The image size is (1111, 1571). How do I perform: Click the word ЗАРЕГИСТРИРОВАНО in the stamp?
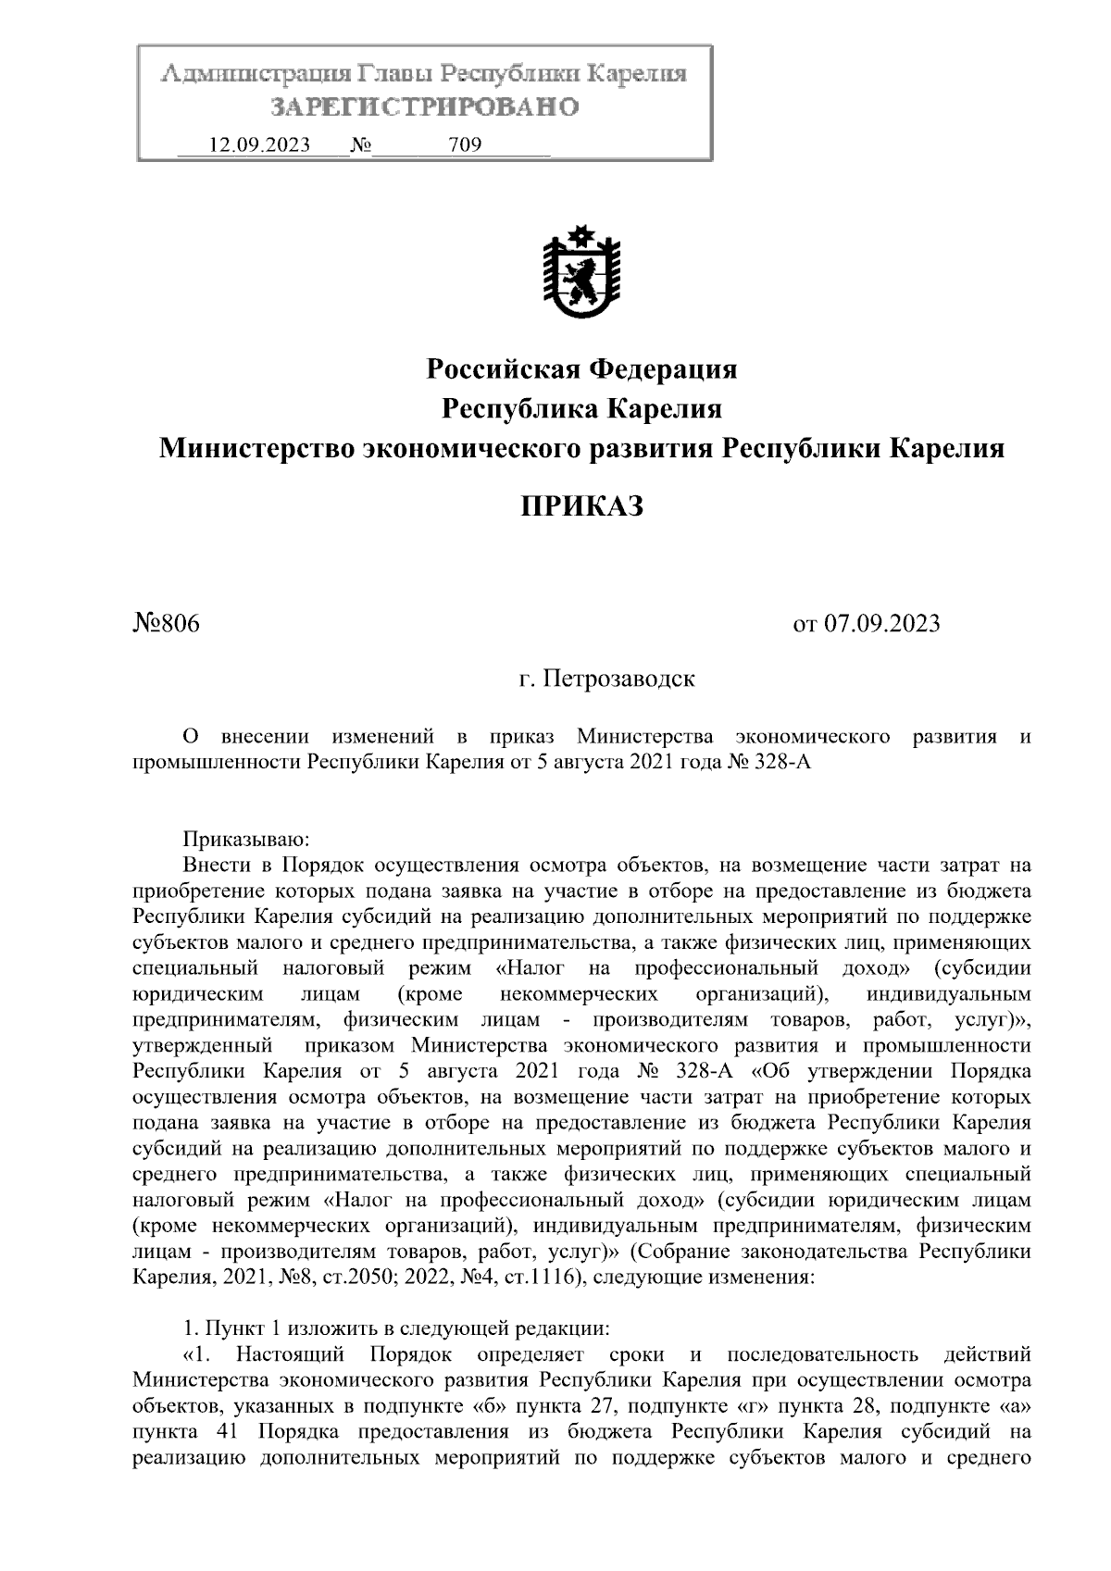pyautogui.click(x=425, y=107)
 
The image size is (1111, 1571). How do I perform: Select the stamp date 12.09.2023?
pyautogui.click(x=260, y=145)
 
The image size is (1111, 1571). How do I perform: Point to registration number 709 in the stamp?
pyautogui.click(x=464, y=145)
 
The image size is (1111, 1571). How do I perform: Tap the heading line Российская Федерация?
pyautogui.click(x=581, y=369)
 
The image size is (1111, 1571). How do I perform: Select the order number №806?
pyautogui.click(x=167, y=623)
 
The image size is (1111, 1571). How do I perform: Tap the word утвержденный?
pyautogui.click(x=204, y=1045)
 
